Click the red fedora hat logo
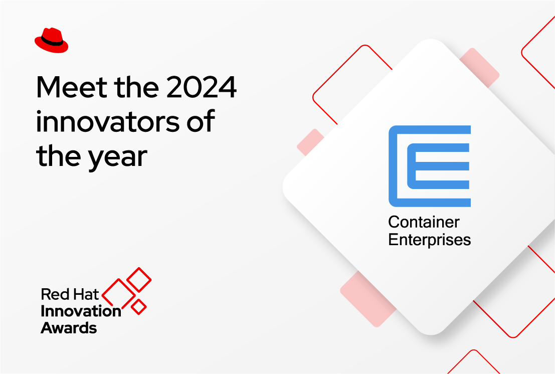point(51,40)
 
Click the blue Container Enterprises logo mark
point(430,166)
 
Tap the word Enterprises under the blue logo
point(430,239)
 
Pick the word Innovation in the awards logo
point(81,311)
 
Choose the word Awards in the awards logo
point(69,328)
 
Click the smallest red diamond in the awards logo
point(138,306)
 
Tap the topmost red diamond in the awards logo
point(139,279)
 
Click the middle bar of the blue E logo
point(438,166)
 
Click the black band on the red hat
point(53,42)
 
